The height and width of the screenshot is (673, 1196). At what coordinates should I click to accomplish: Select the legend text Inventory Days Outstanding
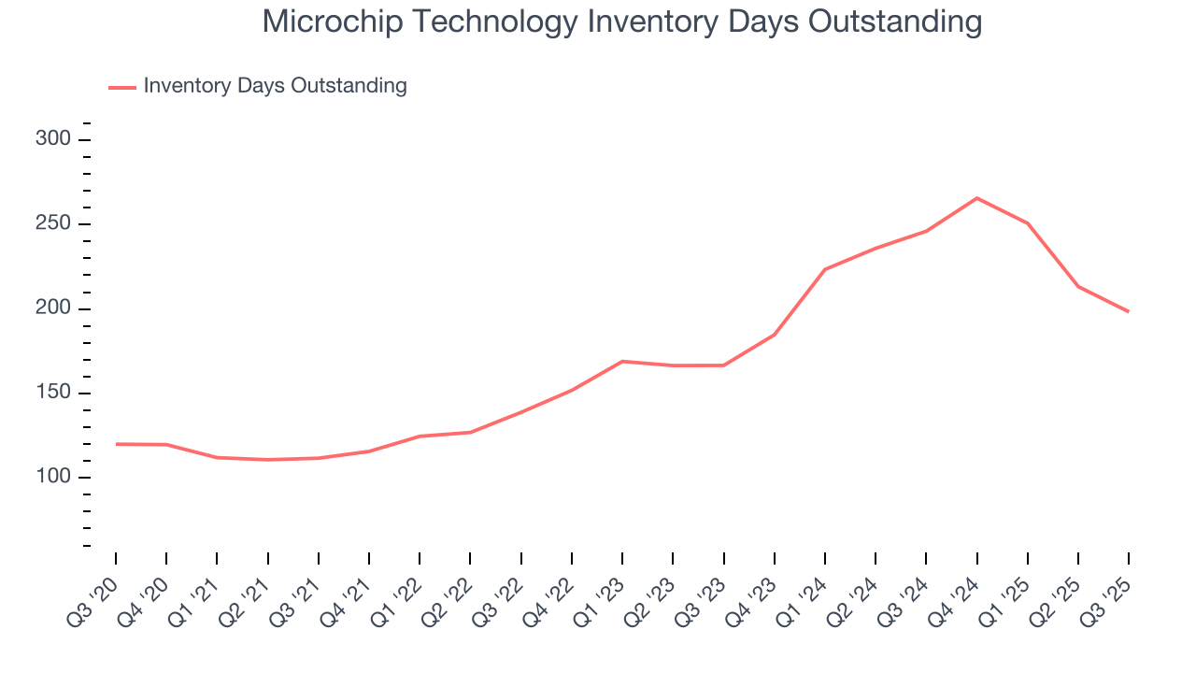(x=275, y=86)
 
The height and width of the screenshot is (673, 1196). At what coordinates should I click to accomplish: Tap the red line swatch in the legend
(x=122, y=87)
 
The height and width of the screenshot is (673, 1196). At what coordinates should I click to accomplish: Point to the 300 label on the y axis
(x=54, y=139)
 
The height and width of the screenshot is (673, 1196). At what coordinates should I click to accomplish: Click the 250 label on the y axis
(x=54, y=224)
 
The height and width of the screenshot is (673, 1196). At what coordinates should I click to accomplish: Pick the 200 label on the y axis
(x=54, y=308)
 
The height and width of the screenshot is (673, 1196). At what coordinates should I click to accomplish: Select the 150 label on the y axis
(x=54, y=393)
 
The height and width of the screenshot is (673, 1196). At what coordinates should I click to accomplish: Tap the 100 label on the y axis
(x=54, y=478)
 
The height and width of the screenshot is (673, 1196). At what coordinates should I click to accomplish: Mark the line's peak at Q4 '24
(x=976, y=198)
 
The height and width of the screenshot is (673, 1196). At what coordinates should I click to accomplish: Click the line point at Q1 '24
(x=825, y=269)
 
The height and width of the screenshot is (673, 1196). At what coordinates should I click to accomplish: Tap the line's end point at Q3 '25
(x=1129, y=311)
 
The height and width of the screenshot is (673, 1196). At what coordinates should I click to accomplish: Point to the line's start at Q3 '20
(x=116, y=444)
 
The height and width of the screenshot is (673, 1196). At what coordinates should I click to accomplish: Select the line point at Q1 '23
(x=622, y=361)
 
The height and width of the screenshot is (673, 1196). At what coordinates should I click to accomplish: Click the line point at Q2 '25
(x=1078, y=286)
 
